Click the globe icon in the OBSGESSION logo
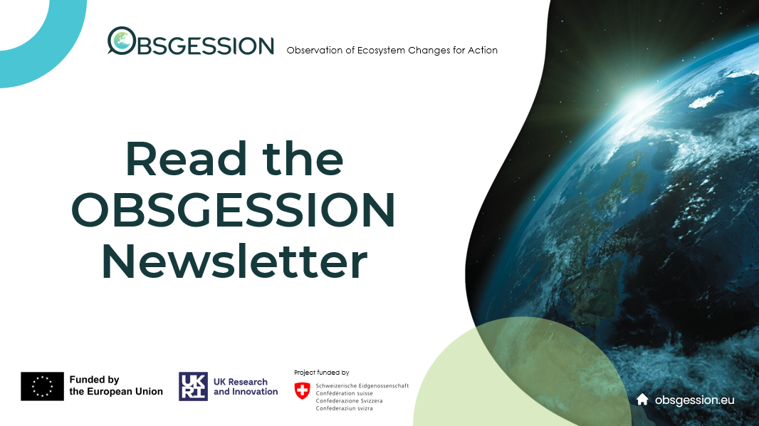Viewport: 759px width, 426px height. click(122, 40)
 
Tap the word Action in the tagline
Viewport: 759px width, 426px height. click(483, 50)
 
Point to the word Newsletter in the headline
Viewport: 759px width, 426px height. click(234, 261)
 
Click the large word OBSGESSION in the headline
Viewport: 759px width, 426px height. click(234, 209)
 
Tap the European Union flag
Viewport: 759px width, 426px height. click(42, 386)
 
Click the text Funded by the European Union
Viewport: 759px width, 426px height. click(116, 386)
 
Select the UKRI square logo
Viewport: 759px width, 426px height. click(193, 386)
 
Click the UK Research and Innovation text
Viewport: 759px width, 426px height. click(246, 386)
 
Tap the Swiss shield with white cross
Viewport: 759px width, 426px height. click(302, 390)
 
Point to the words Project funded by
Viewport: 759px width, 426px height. click(321, 373)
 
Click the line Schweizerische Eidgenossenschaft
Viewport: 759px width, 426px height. click(362, 386)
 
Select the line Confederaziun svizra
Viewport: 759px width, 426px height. click(344, 408)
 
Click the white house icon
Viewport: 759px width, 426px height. click(642, 400)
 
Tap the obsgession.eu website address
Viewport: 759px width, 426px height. click(695, 400)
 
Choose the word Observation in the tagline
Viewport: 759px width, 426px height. click(315, 50)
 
